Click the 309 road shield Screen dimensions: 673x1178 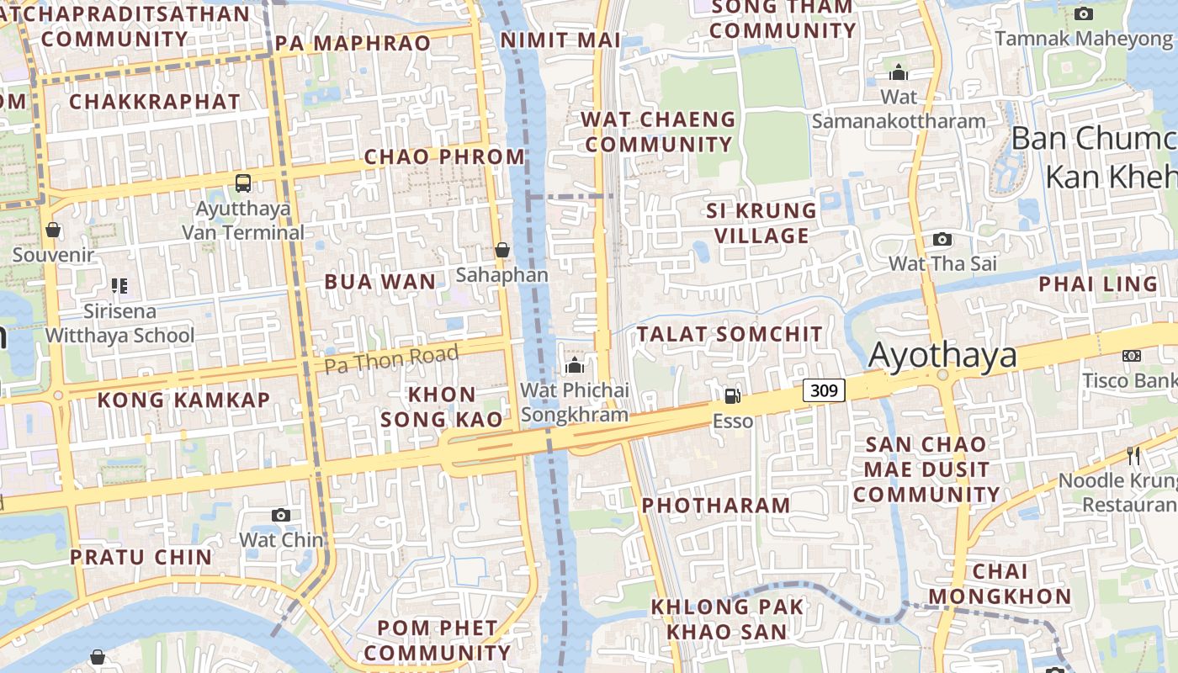pyautogui.click(x=824, y=390)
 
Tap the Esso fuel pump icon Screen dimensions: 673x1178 pyautogui.click(x=732, y=395)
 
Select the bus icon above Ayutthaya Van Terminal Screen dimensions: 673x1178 pyautogui.click(x=243, y=183)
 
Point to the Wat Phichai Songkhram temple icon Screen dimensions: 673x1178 pyautogui.click(x=575, y=365)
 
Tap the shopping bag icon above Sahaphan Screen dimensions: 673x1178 pyautogui.click(x=502, y=250)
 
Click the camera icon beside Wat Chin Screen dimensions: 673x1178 pyautogui.click(x=281, y=515)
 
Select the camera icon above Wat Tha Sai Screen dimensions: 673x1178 pyautogui.click(x=942, y=239)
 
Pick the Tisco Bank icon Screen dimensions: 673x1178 pyautogui.click(x=1132, y=356)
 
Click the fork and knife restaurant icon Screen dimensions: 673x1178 pyautogui.click(x=1133, y=456)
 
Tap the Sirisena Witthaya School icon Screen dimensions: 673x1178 pyautogui.click(x=119, y=286)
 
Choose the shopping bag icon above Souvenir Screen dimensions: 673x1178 pyautogui.click(x=53, y=230)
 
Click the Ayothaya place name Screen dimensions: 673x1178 pyautogui.click(x=942, y=356)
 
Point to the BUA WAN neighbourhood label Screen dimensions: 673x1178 pyautogui.click(x=380, y=282)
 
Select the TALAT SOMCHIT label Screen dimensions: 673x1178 pyautogui.click(x=730, y=334)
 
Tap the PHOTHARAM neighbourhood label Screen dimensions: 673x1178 pyautogui.click(x=716, y=505)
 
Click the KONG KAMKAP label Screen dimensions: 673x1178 pyautogui.click(x=183, y=400)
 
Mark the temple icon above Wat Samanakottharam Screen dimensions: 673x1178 pyautogui.click(x=899, y=72)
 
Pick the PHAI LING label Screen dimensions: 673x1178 pyautogui.click(x=1098, y=284)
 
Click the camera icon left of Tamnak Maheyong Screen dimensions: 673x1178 pyautogui.click(x=1084, y=13)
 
